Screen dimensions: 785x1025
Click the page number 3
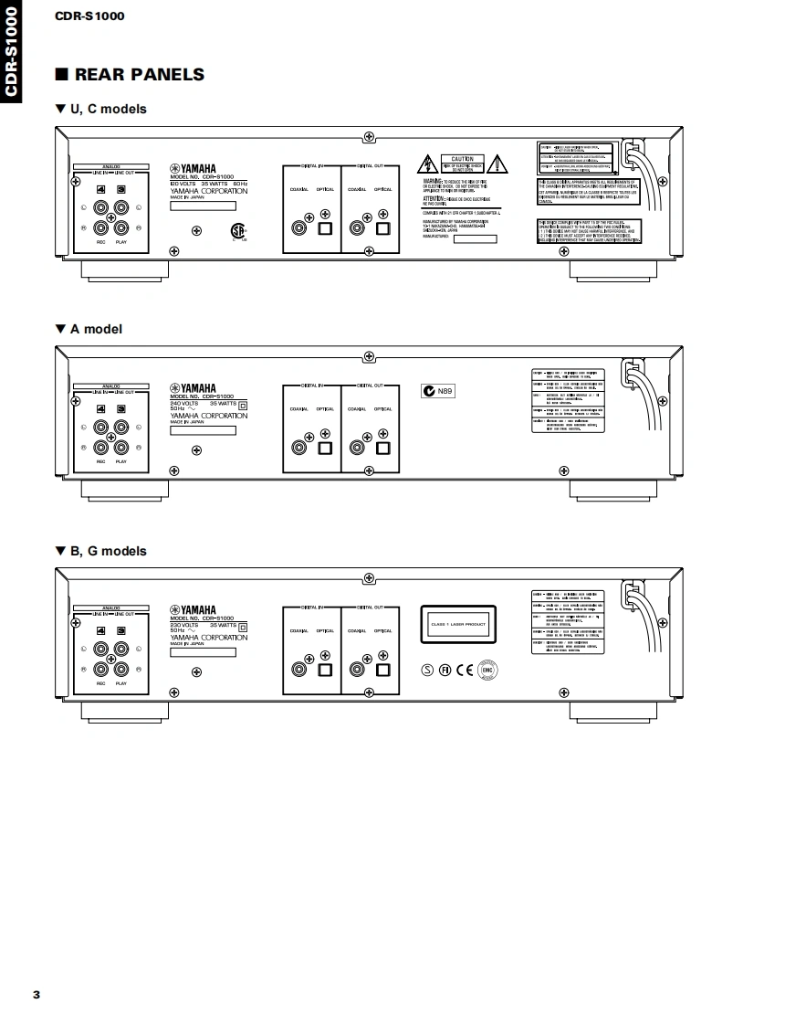[37, 994]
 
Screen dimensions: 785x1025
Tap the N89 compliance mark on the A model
[438, 391]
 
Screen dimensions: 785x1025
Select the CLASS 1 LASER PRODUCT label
[459, 625]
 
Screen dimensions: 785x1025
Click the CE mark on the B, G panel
[465, 670]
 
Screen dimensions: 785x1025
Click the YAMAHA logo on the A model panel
[193, 387]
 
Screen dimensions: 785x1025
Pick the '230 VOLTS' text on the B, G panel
[185, 625]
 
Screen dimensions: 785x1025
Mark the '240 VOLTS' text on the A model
[185, 403]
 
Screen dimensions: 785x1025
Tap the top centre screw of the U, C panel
[368, 137]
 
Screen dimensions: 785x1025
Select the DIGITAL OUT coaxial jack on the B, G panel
[356, 670]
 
